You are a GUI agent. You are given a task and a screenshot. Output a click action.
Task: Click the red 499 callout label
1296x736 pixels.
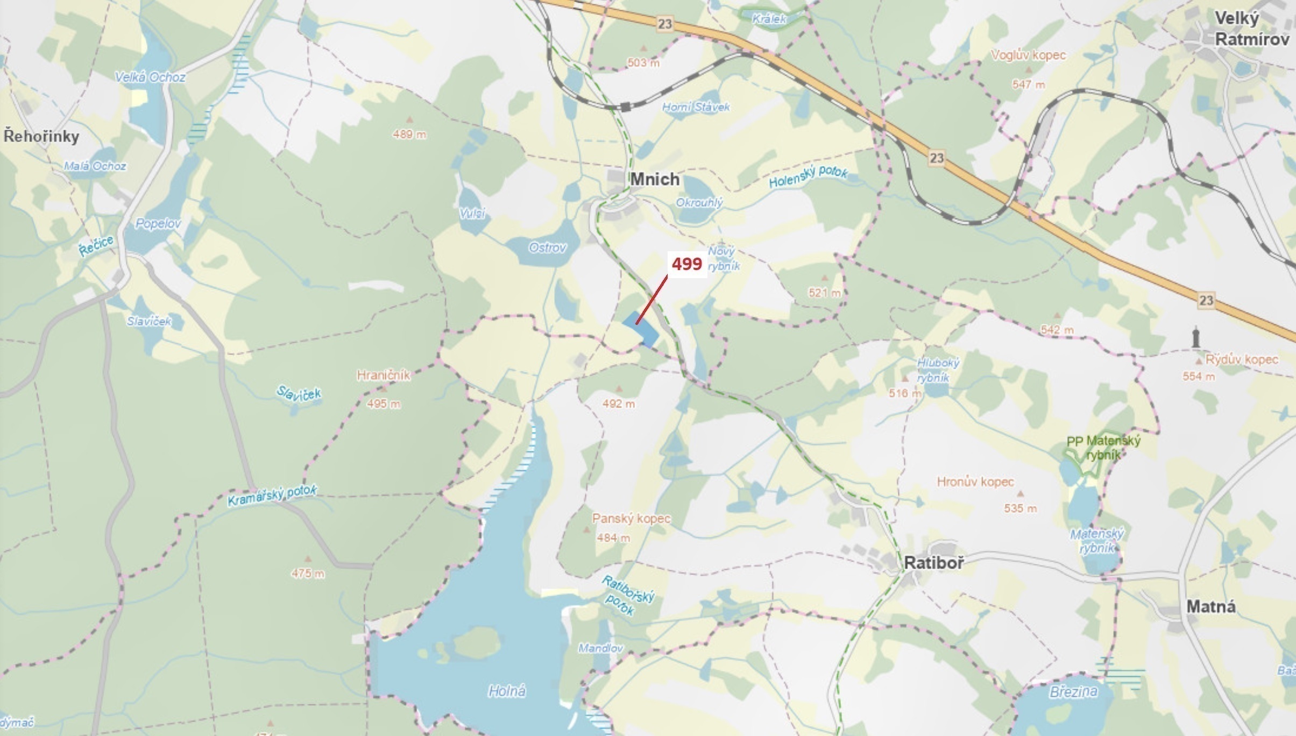[687, 264]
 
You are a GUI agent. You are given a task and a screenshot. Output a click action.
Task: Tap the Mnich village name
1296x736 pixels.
[655, 179]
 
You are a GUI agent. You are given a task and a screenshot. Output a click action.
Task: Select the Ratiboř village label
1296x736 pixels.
[934, 563]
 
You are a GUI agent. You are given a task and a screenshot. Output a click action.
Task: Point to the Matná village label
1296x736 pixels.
[1211, 607]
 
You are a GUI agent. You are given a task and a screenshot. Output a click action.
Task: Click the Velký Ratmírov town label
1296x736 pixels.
[1251, 29]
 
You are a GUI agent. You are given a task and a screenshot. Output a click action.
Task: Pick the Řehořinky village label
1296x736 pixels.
[41, 136]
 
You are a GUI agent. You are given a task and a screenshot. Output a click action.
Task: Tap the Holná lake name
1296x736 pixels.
[507, 691]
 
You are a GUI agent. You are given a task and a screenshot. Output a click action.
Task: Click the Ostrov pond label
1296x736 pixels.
[547, 247]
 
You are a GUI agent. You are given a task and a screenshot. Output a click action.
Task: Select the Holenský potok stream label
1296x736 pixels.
[808, 177]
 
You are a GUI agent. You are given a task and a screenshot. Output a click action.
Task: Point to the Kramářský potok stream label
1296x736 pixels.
[272, 495]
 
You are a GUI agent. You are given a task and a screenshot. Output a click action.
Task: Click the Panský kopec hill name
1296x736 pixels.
[631, 519]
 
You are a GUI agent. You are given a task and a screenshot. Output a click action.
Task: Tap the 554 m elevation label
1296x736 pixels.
[1198, 377]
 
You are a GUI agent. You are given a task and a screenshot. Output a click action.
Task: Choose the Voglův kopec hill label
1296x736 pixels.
[1028, 55]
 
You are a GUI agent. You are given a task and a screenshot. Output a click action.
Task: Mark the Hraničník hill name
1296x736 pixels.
[384, 375]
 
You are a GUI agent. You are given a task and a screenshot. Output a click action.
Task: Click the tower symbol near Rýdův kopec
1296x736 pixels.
[1195, 337]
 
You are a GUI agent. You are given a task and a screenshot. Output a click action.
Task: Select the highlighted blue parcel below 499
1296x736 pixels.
[641, 330]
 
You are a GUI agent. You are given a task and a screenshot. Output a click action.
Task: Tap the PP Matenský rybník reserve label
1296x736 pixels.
[1103, 448]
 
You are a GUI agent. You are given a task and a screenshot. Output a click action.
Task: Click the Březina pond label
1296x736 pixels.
[1073, 692]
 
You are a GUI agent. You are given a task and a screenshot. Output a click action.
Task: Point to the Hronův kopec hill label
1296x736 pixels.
[975, 482]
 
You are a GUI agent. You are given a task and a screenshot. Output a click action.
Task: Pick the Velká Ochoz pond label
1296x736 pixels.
[150, 77]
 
